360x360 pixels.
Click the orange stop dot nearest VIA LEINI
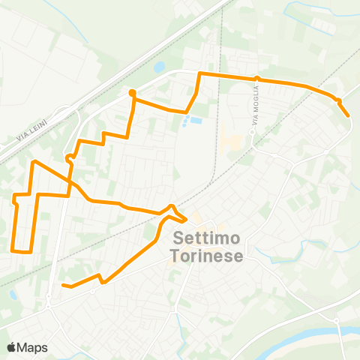[132, 93]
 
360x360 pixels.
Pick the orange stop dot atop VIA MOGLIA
[256, 78]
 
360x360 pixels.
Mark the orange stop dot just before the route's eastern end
[338, 100]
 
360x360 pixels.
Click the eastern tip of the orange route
[348, 115]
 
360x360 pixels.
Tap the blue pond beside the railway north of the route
[159, 67]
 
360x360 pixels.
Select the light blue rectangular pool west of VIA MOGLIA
[194, 120]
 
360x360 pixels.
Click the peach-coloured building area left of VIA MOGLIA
[231, 139]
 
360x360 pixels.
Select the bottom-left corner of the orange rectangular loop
[13, 250]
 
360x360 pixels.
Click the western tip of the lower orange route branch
[63, 285]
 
